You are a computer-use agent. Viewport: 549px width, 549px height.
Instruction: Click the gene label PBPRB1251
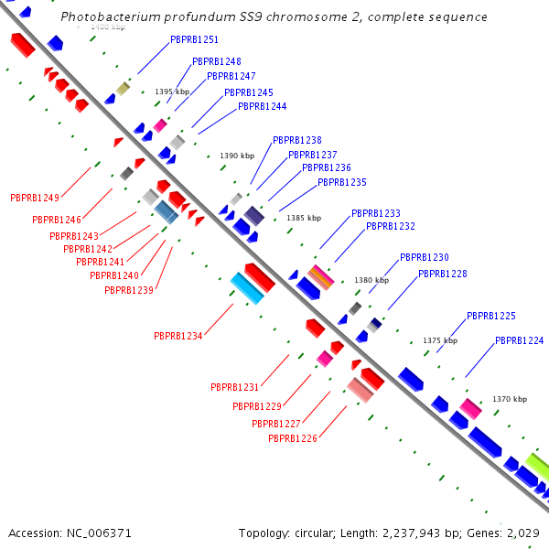[194, 40]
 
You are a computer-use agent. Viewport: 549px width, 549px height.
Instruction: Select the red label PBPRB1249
[34, 198]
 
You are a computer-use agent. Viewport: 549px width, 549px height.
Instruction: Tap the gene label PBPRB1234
[178, 336]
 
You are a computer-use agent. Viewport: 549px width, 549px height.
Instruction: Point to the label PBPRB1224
[519, 340]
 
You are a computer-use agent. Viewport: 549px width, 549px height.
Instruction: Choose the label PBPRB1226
[292, 438]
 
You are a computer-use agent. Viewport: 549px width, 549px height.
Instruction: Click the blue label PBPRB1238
[296, 140]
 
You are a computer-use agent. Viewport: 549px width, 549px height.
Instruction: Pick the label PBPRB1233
[375, 213]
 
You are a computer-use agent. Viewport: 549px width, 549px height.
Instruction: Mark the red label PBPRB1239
[128, 290]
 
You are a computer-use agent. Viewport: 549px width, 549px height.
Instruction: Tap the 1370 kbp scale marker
[510, 399]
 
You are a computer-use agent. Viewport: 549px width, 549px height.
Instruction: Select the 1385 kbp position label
[304, 218]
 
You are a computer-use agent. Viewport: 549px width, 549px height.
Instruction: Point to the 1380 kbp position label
[371, 280]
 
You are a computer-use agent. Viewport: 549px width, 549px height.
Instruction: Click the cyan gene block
[247, 288]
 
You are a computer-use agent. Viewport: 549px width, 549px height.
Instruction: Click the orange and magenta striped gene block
[320, 275]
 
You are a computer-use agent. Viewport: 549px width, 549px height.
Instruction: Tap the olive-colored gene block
[122, 89]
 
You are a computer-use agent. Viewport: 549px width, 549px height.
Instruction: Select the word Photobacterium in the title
[108, 17]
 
